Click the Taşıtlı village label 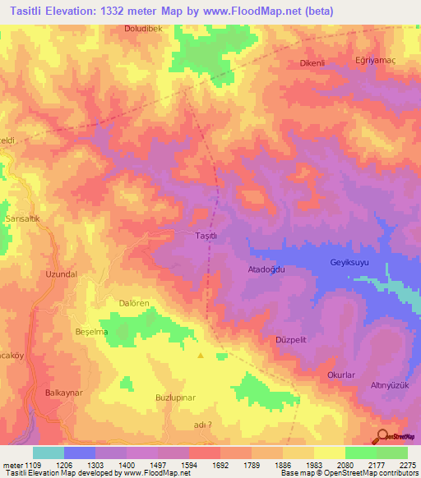[206, 236]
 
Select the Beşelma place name [91, 331]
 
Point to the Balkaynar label [63, 393]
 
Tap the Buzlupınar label [173, 398]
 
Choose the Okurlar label [340, 375]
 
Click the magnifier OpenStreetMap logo [382, 437]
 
